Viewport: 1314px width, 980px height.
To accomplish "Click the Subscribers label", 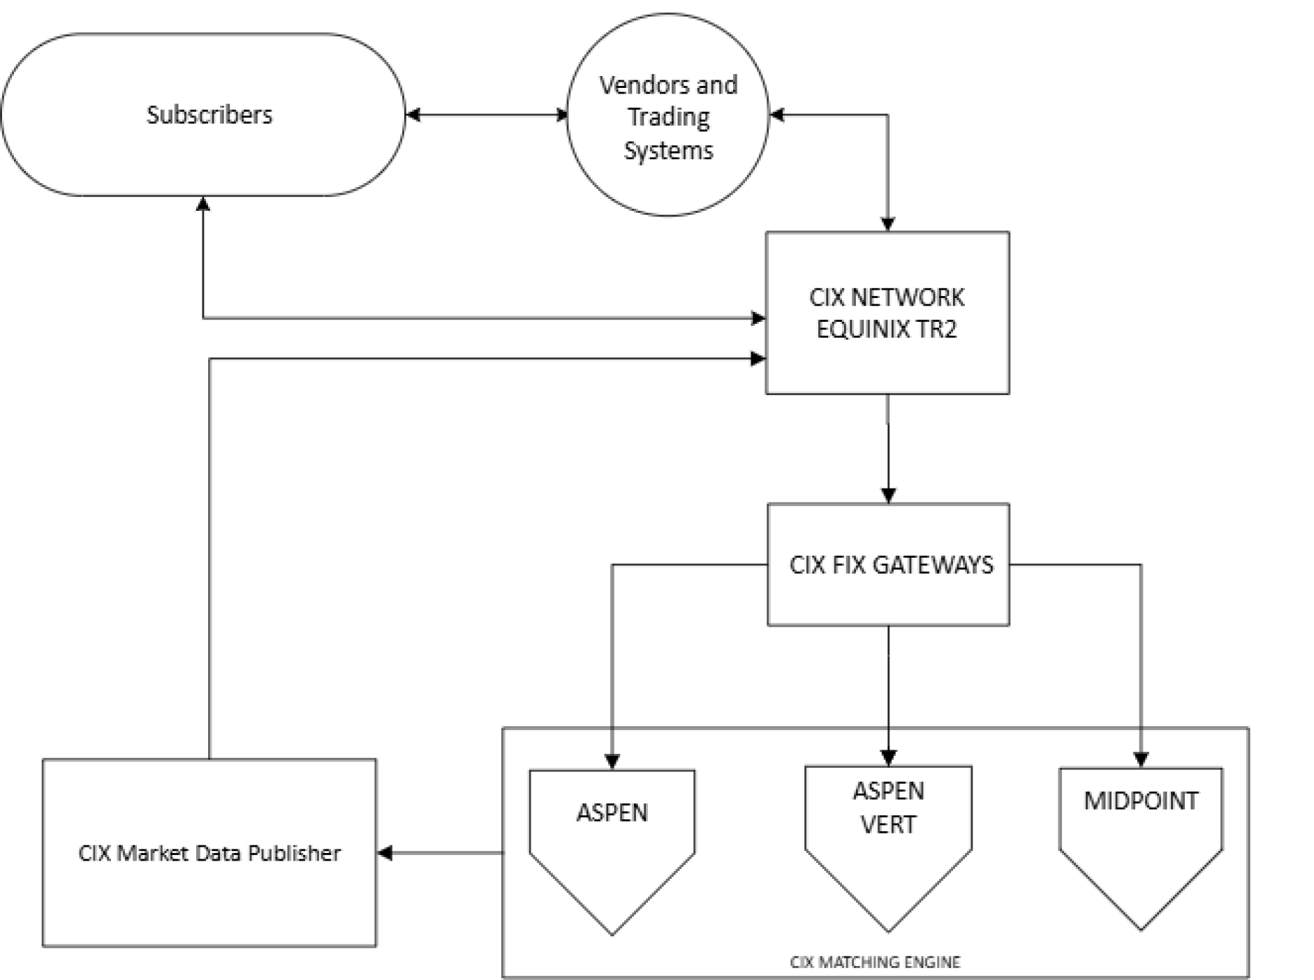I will (209, 114).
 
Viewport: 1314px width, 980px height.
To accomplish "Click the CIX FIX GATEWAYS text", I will (891, 565).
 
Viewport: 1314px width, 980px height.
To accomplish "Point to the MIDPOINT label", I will (1140, 801).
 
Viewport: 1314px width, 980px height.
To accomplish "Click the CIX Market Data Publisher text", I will (209, 853).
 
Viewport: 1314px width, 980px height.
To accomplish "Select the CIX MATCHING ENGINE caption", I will (875, 962).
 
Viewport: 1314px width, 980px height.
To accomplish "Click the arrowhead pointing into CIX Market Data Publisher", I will (385, 852).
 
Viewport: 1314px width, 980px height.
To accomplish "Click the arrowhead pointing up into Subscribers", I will (203, 204).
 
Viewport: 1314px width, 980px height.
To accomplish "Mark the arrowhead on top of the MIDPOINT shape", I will (1141, 759).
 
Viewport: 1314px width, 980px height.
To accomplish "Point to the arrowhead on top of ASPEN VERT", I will (888, 757).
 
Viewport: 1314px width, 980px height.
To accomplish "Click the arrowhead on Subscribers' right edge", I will (413, 114).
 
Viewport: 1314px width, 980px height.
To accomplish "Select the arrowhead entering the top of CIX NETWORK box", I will (887, 224).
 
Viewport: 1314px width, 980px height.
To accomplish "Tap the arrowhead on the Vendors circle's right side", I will (776, 114).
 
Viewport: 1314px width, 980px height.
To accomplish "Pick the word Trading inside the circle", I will (668, 117).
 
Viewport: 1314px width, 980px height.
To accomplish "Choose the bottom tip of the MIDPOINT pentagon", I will (1141, 928).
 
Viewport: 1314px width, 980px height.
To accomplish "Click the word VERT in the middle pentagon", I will (888, 824).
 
